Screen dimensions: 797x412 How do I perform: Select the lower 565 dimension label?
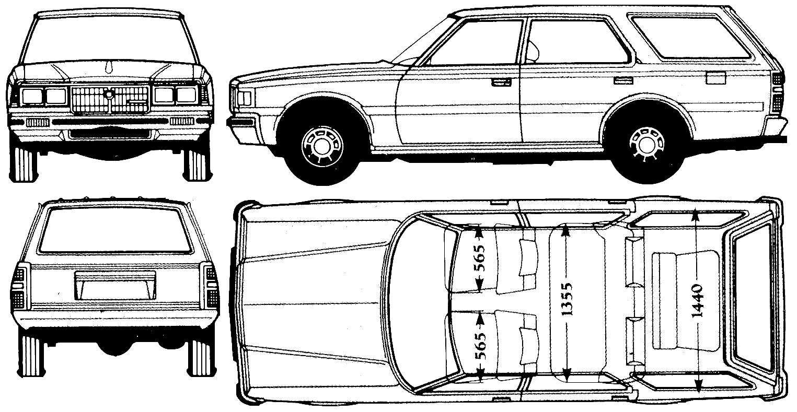tap(480, 346)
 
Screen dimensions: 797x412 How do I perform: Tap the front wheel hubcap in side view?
tap(322, 145)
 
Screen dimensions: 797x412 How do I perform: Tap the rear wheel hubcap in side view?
tap(646, 144)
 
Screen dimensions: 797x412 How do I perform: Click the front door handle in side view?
tap(501, 83)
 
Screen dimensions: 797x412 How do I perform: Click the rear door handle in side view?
tap(624, 81)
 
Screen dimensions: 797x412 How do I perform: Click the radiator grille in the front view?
tap(110, 100)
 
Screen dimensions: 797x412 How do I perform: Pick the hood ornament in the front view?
tap(110, 67)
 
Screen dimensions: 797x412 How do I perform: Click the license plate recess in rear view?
tap(115, 286)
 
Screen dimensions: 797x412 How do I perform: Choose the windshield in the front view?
tap(110, 40)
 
